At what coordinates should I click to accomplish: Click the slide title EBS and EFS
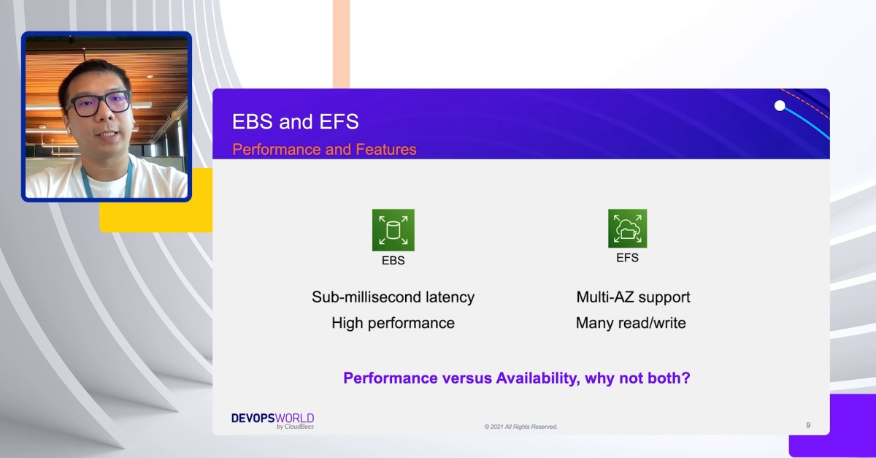pos(295,121)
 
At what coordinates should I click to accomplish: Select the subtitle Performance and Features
pos(324,150)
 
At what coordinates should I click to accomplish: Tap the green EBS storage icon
pos(393,230)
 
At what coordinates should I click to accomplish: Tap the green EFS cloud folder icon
pos(627,229)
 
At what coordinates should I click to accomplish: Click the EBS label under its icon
pos(393,260)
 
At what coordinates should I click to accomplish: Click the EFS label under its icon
pos(627,258)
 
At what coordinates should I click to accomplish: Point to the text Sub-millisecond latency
pos(393,297)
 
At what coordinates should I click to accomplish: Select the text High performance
pos(393,323)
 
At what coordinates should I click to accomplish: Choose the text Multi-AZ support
pos(633,297)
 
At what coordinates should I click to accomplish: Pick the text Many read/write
pos(631,323)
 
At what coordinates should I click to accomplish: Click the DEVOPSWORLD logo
pos(272,419)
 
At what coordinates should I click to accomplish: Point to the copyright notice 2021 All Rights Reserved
pos(520,427)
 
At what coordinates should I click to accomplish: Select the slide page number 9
pos(808,425)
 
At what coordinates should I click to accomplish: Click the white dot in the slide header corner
pos(780,106)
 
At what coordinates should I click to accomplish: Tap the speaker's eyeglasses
pos(99,104)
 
